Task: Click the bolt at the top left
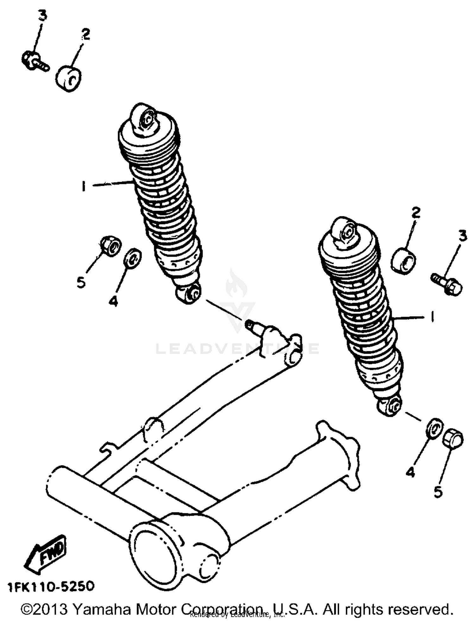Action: [35, 61]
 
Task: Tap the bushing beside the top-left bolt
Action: [68, 78]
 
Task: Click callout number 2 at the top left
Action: [85, 34]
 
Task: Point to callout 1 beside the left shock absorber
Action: [84, 186]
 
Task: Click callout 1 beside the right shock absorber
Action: [432, 316]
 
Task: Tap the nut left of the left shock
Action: [111, 246]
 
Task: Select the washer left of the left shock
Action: [133, 257]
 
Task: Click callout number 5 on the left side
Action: [81, 282]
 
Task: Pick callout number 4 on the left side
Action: [113, 301]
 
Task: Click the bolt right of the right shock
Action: [447, 284]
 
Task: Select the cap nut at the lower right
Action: [453, 439]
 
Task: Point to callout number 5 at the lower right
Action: [438, 492]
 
